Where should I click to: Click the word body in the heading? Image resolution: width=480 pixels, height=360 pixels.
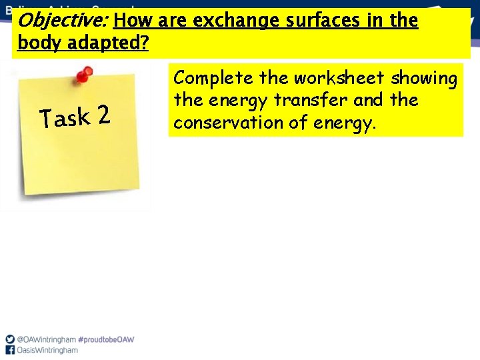click(38, 44)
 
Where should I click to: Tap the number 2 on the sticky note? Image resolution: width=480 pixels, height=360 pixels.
click(102, 115)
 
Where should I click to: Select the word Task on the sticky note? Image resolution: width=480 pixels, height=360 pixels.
click(65, 118)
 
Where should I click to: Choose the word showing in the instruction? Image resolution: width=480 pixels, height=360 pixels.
click(424, 79)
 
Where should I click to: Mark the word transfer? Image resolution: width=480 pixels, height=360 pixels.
click(305, 101)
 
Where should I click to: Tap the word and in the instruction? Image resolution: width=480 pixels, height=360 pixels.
click(367, 101)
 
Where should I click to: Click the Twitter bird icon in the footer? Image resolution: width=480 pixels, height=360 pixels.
click(9, 339)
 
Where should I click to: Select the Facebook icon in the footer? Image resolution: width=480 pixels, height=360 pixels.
click(9, 350)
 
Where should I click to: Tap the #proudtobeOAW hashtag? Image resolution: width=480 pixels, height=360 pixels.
click(106, 339)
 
